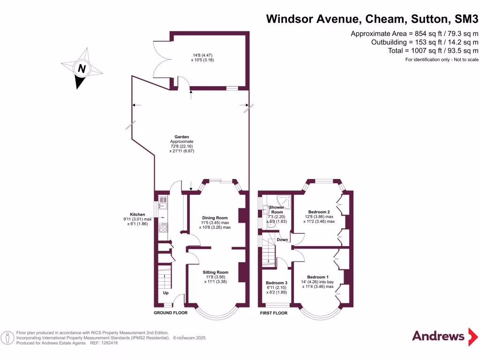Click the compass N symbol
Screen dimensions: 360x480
point(82,68)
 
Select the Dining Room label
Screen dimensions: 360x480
point(215,218)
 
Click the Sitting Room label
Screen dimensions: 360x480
point(215,272)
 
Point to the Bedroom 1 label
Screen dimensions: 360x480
point(318,277)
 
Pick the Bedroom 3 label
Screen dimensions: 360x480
point(276,283)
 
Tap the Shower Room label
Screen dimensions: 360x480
point(276,210)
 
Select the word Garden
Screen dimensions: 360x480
point(182,137)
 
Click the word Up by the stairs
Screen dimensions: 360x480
point(165,293)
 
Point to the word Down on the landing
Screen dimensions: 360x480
point(282,240)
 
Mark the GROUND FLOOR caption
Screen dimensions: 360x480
point(171,313)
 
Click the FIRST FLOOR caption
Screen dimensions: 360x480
point(274,313)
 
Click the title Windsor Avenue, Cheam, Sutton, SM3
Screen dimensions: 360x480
point(372,19)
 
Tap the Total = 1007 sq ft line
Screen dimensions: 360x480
point(433,51)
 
